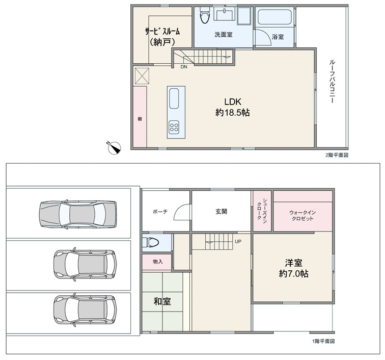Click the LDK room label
click(x=232, y=101)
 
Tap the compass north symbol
click(x=115, y=148)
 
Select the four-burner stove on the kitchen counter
click(x=174, y=127)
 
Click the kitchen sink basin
click(x=174, y=98)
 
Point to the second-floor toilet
click(x=205, y=14)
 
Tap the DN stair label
click(x=184, y=67)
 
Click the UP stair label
click(x=238, y=242)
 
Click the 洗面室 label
click(x=223, y=35)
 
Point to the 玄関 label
click(x=221, y=211)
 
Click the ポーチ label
click(x=160, y=211)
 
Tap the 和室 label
click(x=162, y=301)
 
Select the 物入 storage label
click(x=158, y=262)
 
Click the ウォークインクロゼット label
click(x=302, y=215)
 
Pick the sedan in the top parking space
click(x=77, y=214)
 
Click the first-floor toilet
click(x=153, y=242)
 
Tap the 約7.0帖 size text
click(x=293, y=273)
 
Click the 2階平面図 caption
click(x=337, y=155)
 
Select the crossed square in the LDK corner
click(x=142, y=76)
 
